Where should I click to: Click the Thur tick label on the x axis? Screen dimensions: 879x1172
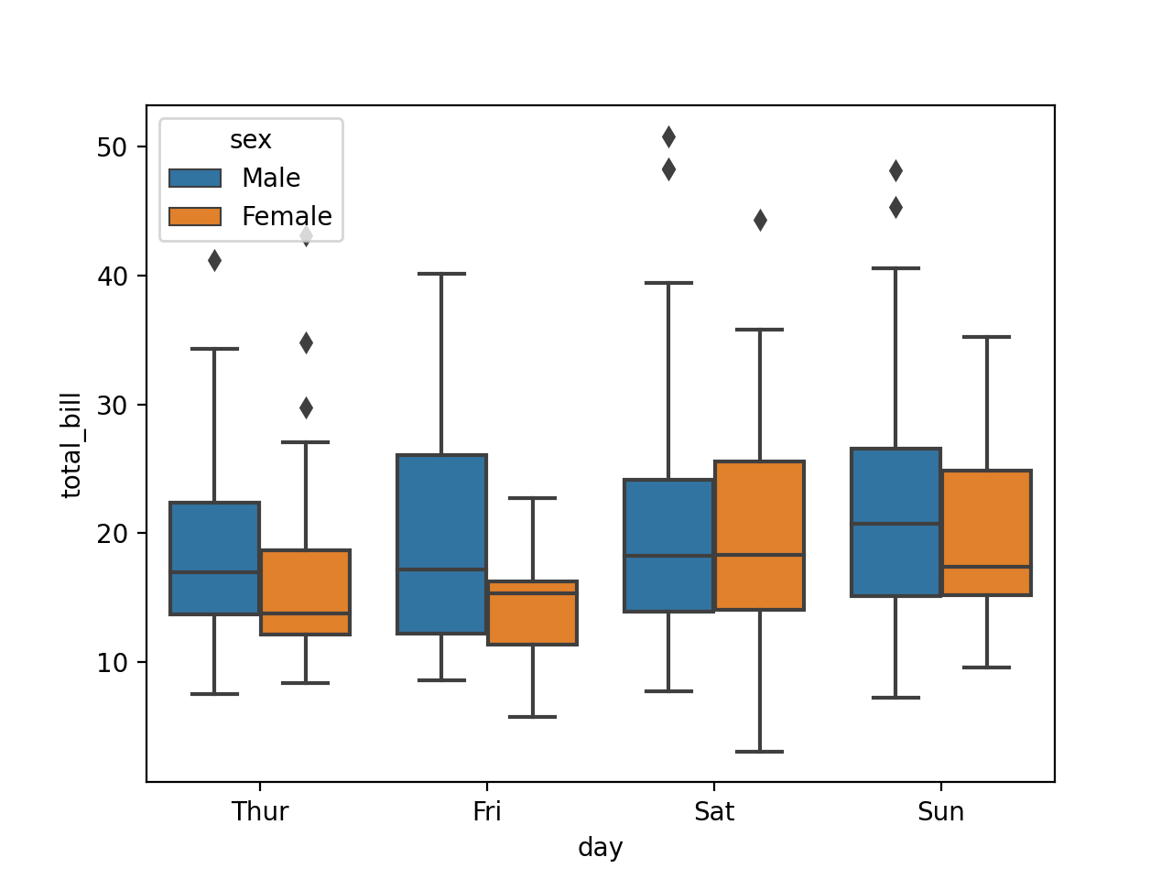260,812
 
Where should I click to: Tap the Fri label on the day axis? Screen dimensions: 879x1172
486,812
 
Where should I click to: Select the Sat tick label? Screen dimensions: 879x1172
713,812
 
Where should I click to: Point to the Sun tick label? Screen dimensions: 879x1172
940,812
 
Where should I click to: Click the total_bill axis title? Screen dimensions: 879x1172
71,445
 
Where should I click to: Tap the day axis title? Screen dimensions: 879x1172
600,848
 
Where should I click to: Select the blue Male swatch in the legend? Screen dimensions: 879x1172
195,178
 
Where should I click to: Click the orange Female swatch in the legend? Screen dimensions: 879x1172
195,216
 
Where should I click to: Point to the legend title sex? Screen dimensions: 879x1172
250,140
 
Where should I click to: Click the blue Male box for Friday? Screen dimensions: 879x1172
441,544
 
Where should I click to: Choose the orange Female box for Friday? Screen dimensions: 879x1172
532,613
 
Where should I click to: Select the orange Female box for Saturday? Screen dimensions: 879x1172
759,536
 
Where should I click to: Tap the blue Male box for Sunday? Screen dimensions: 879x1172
895,522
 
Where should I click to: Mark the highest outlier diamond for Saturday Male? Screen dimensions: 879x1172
668,137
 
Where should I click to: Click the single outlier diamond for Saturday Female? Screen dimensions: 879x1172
760,221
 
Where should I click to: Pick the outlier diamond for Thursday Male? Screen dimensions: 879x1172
214,261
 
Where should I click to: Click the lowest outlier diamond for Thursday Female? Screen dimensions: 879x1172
306,407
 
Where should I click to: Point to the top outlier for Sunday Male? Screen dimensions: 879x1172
895,171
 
